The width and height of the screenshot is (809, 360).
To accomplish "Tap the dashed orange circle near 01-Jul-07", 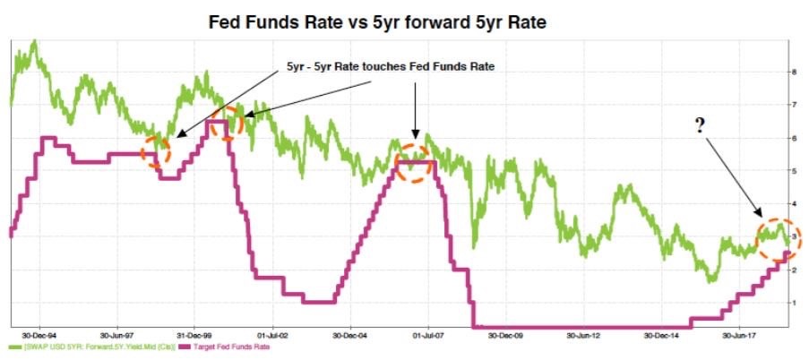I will (x=414, y=163).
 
